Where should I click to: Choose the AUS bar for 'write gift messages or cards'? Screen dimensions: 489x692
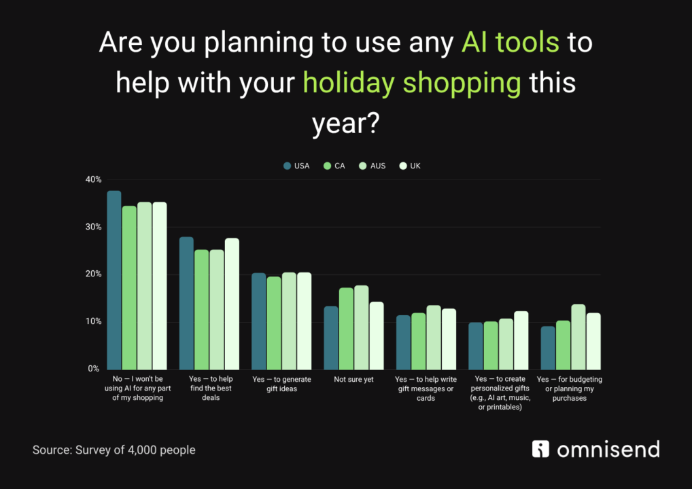click(434, 337)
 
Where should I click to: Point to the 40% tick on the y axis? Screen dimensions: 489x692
click(93, 180)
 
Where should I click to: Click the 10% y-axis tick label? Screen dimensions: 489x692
click(93, 321)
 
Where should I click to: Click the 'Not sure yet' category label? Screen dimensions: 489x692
click(353, 380)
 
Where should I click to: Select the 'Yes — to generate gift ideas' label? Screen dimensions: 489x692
click(281, 384)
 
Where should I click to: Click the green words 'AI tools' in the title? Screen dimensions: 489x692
click(510, 43)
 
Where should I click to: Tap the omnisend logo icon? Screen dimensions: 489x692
click(540, 449)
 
